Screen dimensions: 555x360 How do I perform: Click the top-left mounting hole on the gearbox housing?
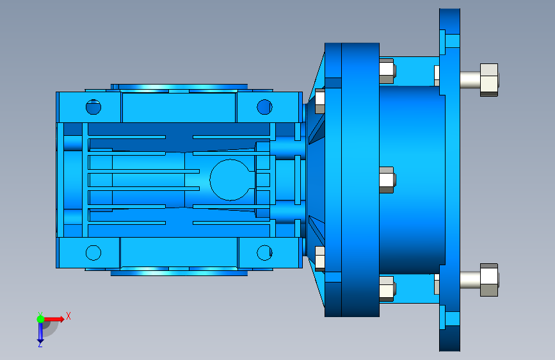coord(93,106)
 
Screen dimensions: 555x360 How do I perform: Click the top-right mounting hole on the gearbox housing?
coord(264,106)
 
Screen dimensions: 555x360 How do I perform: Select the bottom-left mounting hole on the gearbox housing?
coord(93,252)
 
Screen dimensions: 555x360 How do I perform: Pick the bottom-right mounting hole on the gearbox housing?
coord(264,252)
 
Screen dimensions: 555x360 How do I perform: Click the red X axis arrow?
coord(54,319)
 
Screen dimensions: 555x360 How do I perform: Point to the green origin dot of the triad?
coord(40,319)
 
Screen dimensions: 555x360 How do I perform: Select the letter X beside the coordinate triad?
coord(68,316)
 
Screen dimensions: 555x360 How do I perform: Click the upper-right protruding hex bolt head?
coord(489,79)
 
